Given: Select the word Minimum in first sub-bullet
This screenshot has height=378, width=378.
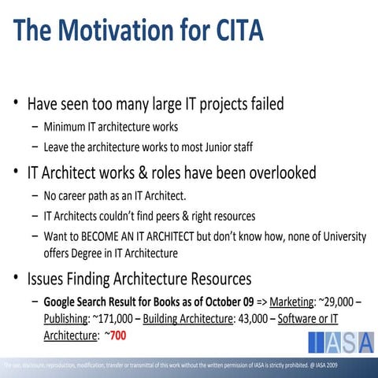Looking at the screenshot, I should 70,126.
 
